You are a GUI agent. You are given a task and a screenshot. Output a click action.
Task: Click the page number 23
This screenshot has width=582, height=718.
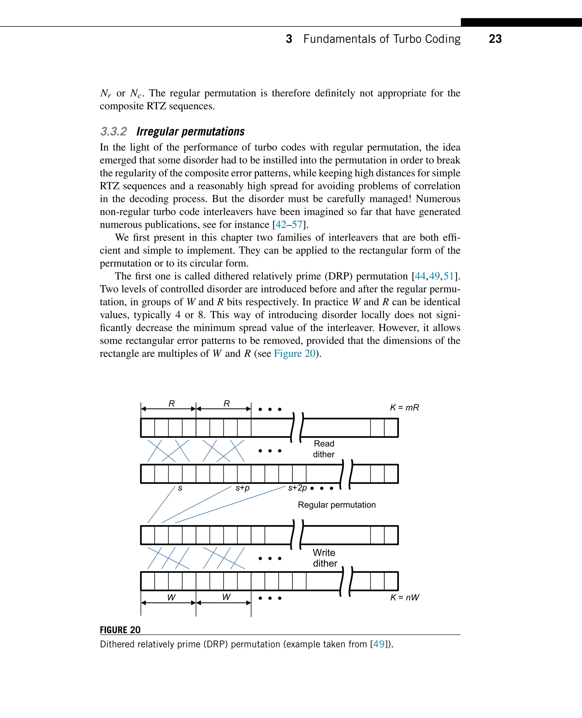point(495,39)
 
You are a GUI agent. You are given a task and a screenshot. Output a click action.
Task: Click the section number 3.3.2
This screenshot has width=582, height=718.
point(113,131)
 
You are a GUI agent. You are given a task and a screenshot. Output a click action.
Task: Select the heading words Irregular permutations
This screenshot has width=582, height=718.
point(190,131)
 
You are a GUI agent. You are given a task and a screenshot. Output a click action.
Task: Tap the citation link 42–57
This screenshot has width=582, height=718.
point(289,224)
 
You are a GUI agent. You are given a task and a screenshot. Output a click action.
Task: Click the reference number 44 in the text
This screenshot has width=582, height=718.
point(420,276)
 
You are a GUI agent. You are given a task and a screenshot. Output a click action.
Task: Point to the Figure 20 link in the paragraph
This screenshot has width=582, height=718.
point(295,354)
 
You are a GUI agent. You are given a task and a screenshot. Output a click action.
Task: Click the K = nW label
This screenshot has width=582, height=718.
point(405,597)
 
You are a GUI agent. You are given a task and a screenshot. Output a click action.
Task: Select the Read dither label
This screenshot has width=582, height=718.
point(324,449)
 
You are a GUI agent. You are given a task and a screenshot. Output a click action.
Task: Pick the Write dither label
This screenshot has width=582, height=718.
point(325,558)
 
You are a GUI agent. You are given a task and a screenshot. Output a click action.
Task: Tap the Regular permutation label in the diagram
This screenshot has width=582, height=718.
point(336,505)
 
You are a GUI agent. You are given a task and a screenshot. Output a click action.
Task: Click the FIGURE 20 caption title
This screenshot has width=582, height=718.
point(120,630)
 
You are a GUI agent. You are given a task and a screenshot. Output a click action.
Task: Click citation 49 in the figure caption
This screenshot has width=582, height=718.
point(379,644)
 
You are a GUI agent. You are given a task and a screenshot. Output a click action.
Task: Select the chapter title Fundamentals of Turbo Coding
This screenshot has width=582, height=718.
point(382,39)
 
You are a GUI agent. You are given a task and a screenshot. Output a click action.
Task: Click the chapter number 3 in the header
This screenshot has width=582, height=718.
point(289,39)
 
